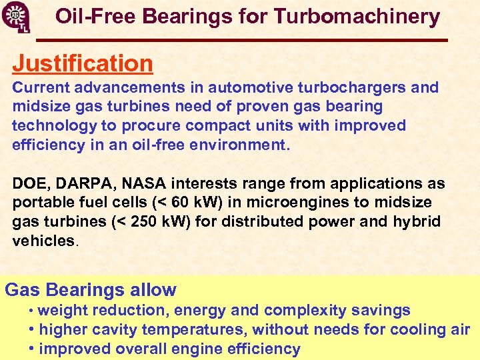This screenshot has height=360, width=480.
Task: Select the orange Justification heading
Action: point(83,63)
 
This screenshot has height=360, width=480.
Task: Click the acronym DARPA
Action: point(83,183)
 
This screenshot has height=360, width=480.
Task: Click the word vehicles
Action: point(43,241)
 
